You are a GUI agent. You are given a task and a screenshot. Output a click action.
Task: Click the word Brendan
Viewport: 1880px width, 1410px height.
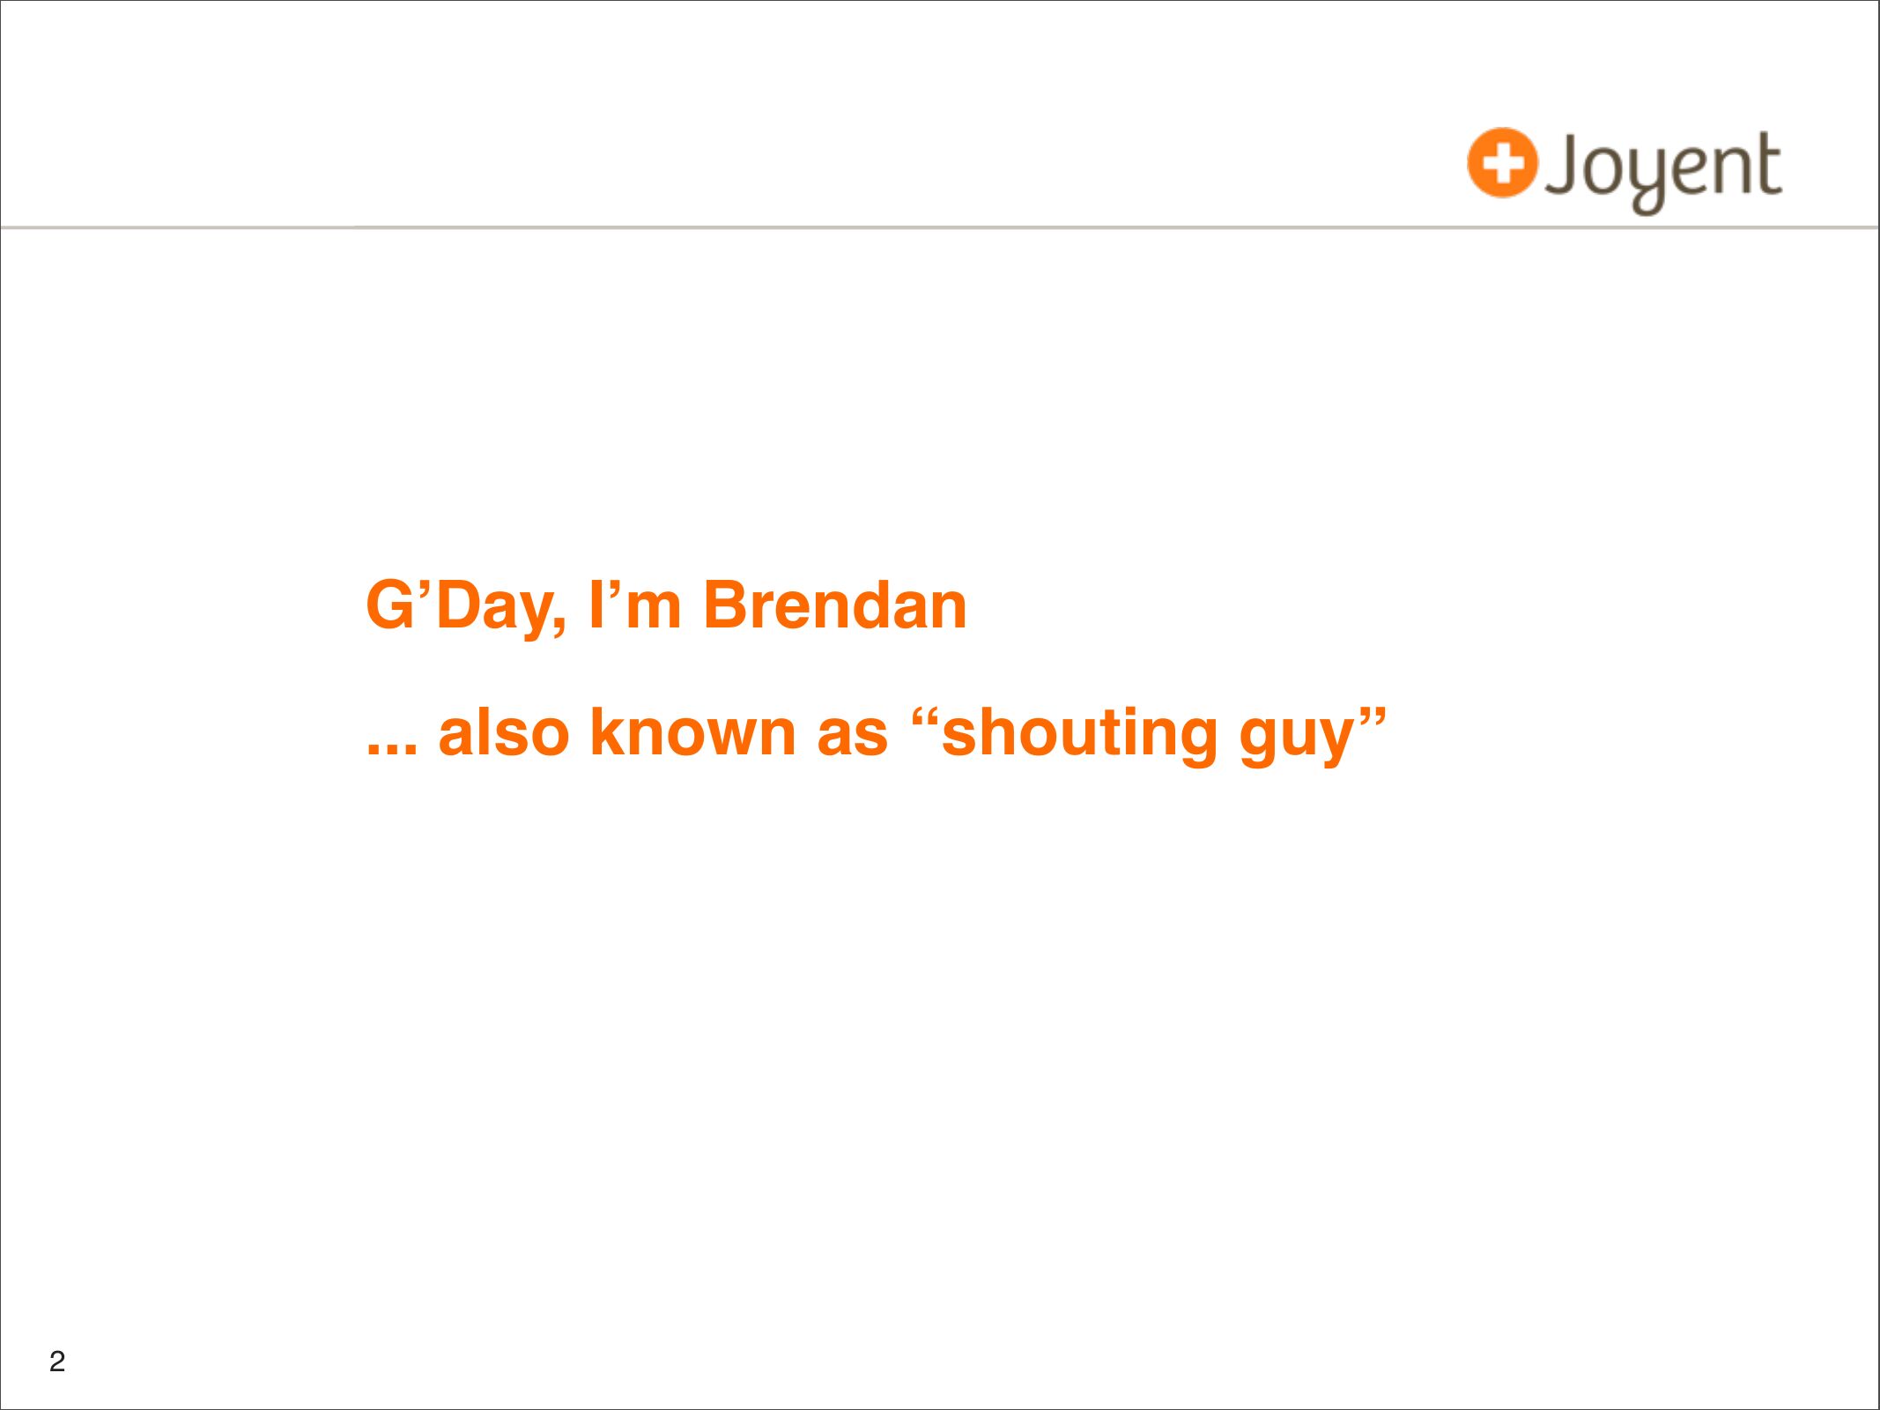(x=835, y=605)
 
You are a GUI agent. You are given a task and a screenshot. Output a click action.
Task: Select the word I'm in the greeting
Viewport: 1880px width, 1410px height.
(x=635, y=605)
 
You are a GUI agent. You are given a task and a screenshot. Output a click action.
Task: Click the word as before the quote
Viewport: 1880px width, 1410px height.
(x=852, y=738)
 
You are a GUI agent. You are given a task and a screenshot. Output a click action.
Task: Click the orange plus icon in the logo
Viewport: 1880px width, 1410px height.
(x=1502, y=163)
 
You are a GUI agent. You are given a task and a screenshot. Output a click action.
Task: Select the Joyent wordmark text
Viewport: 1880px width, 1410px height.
(x=1662, y=170)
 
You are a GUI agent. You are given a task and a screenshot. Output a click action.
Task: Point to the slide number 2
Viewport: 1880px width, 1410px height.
(x=57, y=1362)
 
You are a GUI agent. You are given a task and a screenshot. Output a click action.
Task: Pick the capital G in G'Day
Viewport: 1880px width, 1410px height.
(x=391, y=605)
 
